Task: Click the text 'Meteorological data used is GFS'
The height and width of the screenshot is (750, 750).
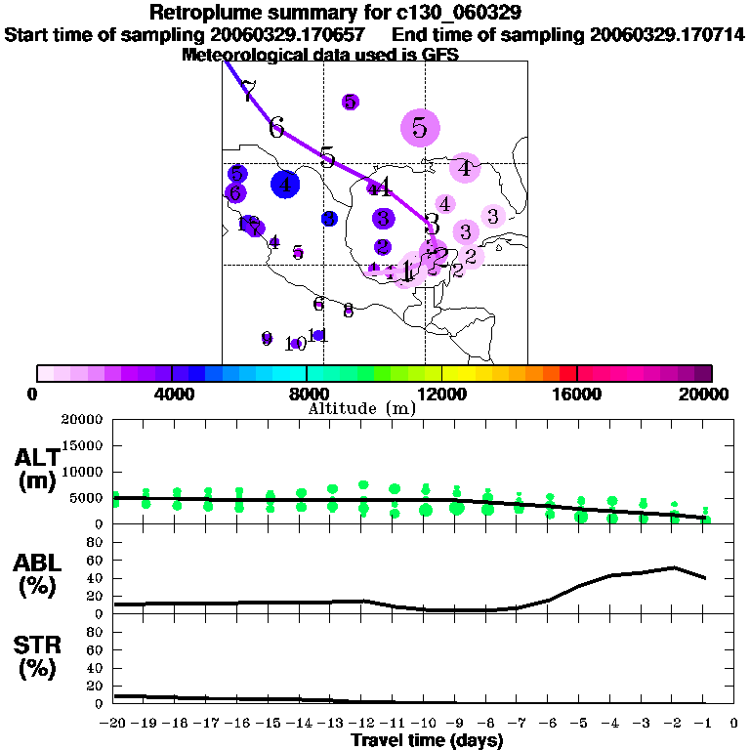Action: (320, 55)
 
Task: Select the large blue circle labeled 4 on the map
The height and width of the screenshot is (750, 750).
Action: (284, 184)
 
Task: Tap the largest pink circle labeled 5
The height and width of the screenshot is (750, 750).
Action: (420, 127)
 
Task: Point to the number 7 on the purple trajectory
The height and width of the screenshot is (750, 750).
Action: (248, 92)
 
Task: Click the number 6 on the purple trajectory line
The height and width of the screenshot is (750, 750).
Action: (276, 128)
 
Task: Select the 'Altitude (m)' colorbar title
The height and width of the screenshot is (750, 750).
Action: (361, 408)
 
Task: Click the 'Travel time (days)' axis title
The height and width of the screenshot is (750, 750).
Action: (427, 741)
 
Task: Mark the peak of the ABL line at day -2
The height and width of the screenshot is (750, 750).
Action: (672, 567)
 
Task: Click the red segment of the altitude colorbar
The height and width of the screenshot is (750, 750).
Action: (568, 373)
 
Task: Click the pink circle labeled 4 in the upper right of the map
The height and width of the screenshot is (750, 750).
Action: (465, 168)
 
